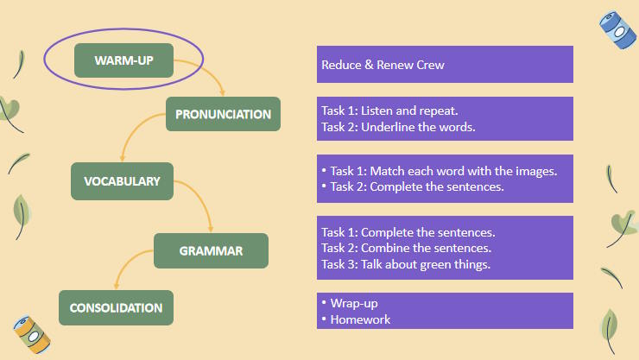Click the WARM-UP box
[123, 60]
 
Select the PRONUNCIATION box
[223, 114]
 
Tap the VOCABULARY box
[122, 181]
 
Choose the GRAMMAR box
[211, 251]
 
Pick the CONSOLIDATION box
[116, 307]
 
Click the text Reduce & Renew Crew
[383, 65]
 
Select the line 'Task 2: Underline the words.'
[398, 127]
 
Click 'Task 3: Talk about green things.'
[406, 264]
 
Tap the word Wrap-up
[354, 304]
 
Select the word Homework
[360, 319]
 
